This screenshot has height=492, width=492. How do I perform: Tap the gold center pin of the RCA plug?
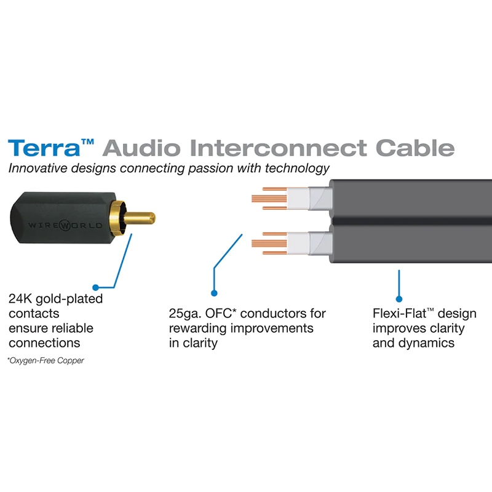(x=143, y=218)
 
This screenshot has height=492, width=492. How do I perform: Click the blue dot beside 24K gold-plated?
(x=95, y=287)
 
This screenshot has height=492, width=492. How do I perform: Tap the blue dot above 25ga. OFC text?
(x=214, y=293)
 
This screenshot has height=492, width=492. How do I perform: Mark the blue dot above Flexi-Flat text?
(x=399, y=293)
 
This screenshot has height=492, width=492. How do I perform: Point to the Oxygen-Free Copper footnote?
(x=46, y=360)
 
